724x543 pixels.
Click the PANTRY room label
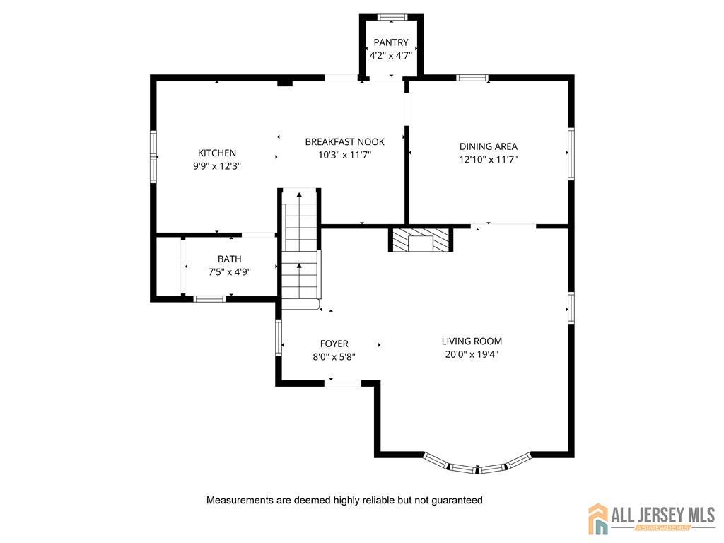coord(391,42)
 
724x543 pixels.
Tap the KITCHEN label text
coord(217,153)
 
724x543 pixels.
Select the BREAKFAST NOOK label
coord(345,141)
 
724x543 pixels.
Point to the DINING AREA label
coord(489,146)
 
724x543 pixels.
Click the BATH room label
coord(230,259)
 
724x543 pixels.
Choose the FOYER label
coord(334,344)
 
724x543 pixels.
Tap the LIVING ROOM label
coord(472,341)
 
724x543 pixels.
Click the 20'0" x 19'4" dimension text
coord(472,355)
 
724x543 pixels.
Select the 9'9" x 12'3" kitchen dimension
coord(217,166)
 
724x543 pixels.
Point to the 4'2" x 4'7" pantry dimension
coord(391,56)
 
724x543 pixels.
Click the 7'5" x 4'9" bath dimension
coord(230,272)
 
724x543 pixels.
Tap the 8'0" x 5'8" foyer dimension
coord(334,357)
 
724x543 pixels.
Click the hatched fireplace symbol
coord(421,239)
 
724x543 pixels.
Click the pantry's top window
coord(392,17)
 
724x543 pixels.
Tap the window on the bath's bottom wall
coord(209,299)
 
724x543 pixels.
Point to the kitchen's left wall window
coord(153,157)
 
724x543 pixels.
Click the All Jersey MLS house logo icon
coord(598,518)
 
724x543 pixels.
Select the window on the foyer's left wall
coord(279,338)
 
